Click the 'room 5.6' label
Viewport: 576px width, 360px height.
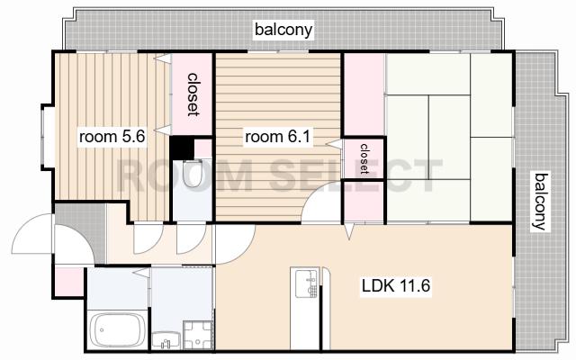click(112, 137)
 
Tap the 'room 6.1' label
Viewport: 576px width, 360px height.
click(278, 137)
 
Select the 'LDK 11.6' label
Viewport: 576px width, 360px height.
click(396, 285)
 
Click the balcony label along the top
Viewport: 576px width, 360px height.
click(284, 30)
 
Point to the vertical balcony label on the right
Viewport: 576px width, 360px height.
click(540, 202)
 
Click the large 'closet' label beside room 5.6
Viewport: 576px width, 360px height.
click(193, 94)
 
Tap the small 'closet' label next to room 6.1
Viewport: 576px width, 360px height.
click(364, 158)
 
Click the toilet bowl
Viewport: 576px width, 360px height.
click(193, 174)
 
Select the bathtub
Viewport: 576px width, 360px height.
click(116, 329)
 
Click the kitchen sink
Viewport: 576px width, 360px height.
click(307, 283)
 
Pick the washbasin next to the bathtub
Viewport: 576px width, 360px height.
click(166, 340)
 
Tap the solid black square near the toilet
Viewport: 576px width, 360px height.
click(182, 148)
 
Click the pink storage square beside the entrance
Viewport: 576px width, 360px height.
click(69, 282)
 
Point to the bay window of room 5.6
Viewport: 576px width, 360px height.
click(47, 137)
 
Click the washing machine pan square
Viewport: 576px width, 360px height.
click(198, 335)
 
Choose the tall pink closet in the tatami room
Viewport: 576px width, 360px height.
click(364, 94)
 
